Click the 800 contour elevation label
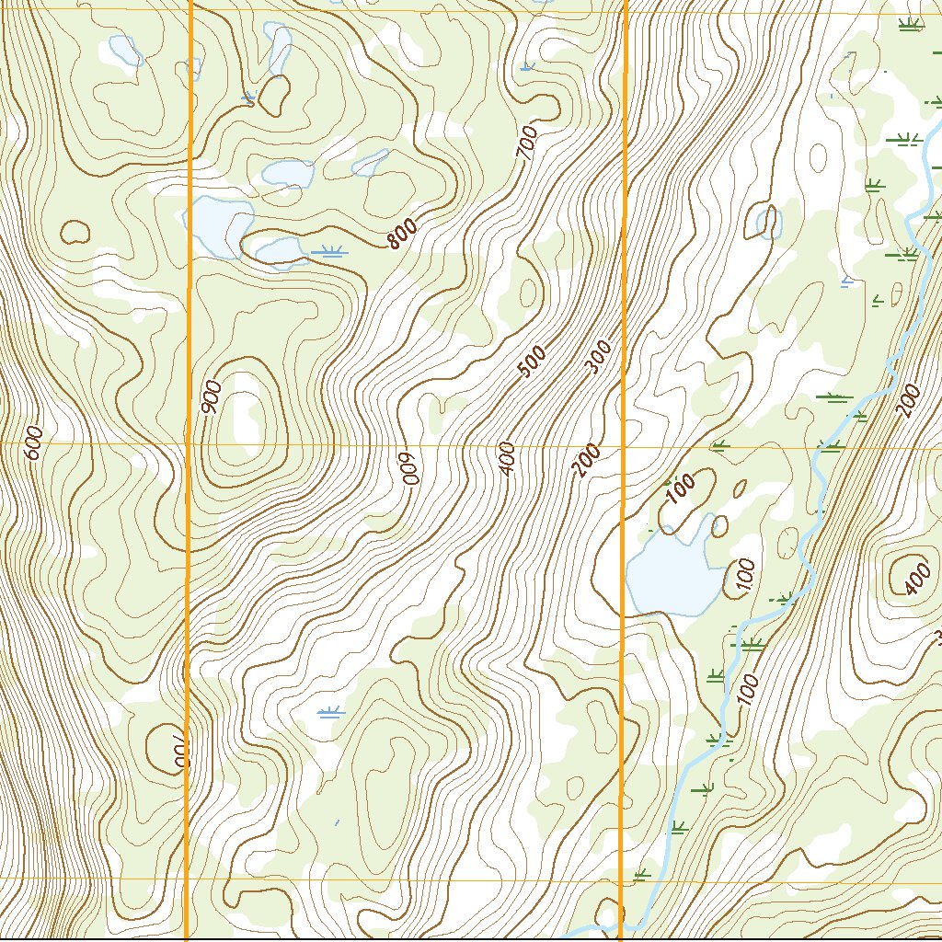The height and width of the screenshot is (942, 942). pyautogui.click(x=403, y=235)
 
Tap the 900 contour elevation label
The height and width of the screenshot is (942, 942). pyautogui.click(x=210, y=397)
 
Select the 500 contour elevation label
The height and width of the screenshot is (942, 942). pyautogui.click(x=532, y=362)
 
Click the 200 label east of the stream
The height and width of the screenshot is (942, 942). pyautogui.click(x=908, y=402)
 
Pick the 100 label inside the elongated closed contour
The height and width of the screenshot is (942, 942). pyautogui.click(x=680, y=488)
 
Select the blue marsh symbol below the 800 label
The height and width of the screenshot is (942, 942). pyautogui.click(x=329, y=250)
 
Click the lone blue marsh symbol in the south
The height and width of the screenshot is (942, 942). pyautogui.click(x=329, y=711)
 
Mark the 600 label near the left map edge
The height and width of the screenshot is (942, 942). pyautogui.click(x=33, y=442)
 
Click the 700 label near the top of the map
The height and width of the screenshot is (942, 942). pyautogui.click(x=527, y=144)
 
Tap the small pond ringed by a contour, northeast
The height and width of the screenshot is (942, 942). pyautogui.click(x=765, y=222)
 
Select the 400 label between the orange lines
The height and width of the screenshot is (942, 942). pyautogui.click(x=508, y=458)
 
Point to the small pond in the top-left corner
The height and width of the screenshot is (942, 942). pyautogui.click(x=125, y=50)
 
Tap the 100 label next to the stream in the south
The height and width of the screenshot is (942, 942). pyautogui.click(x=749, y=689)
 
